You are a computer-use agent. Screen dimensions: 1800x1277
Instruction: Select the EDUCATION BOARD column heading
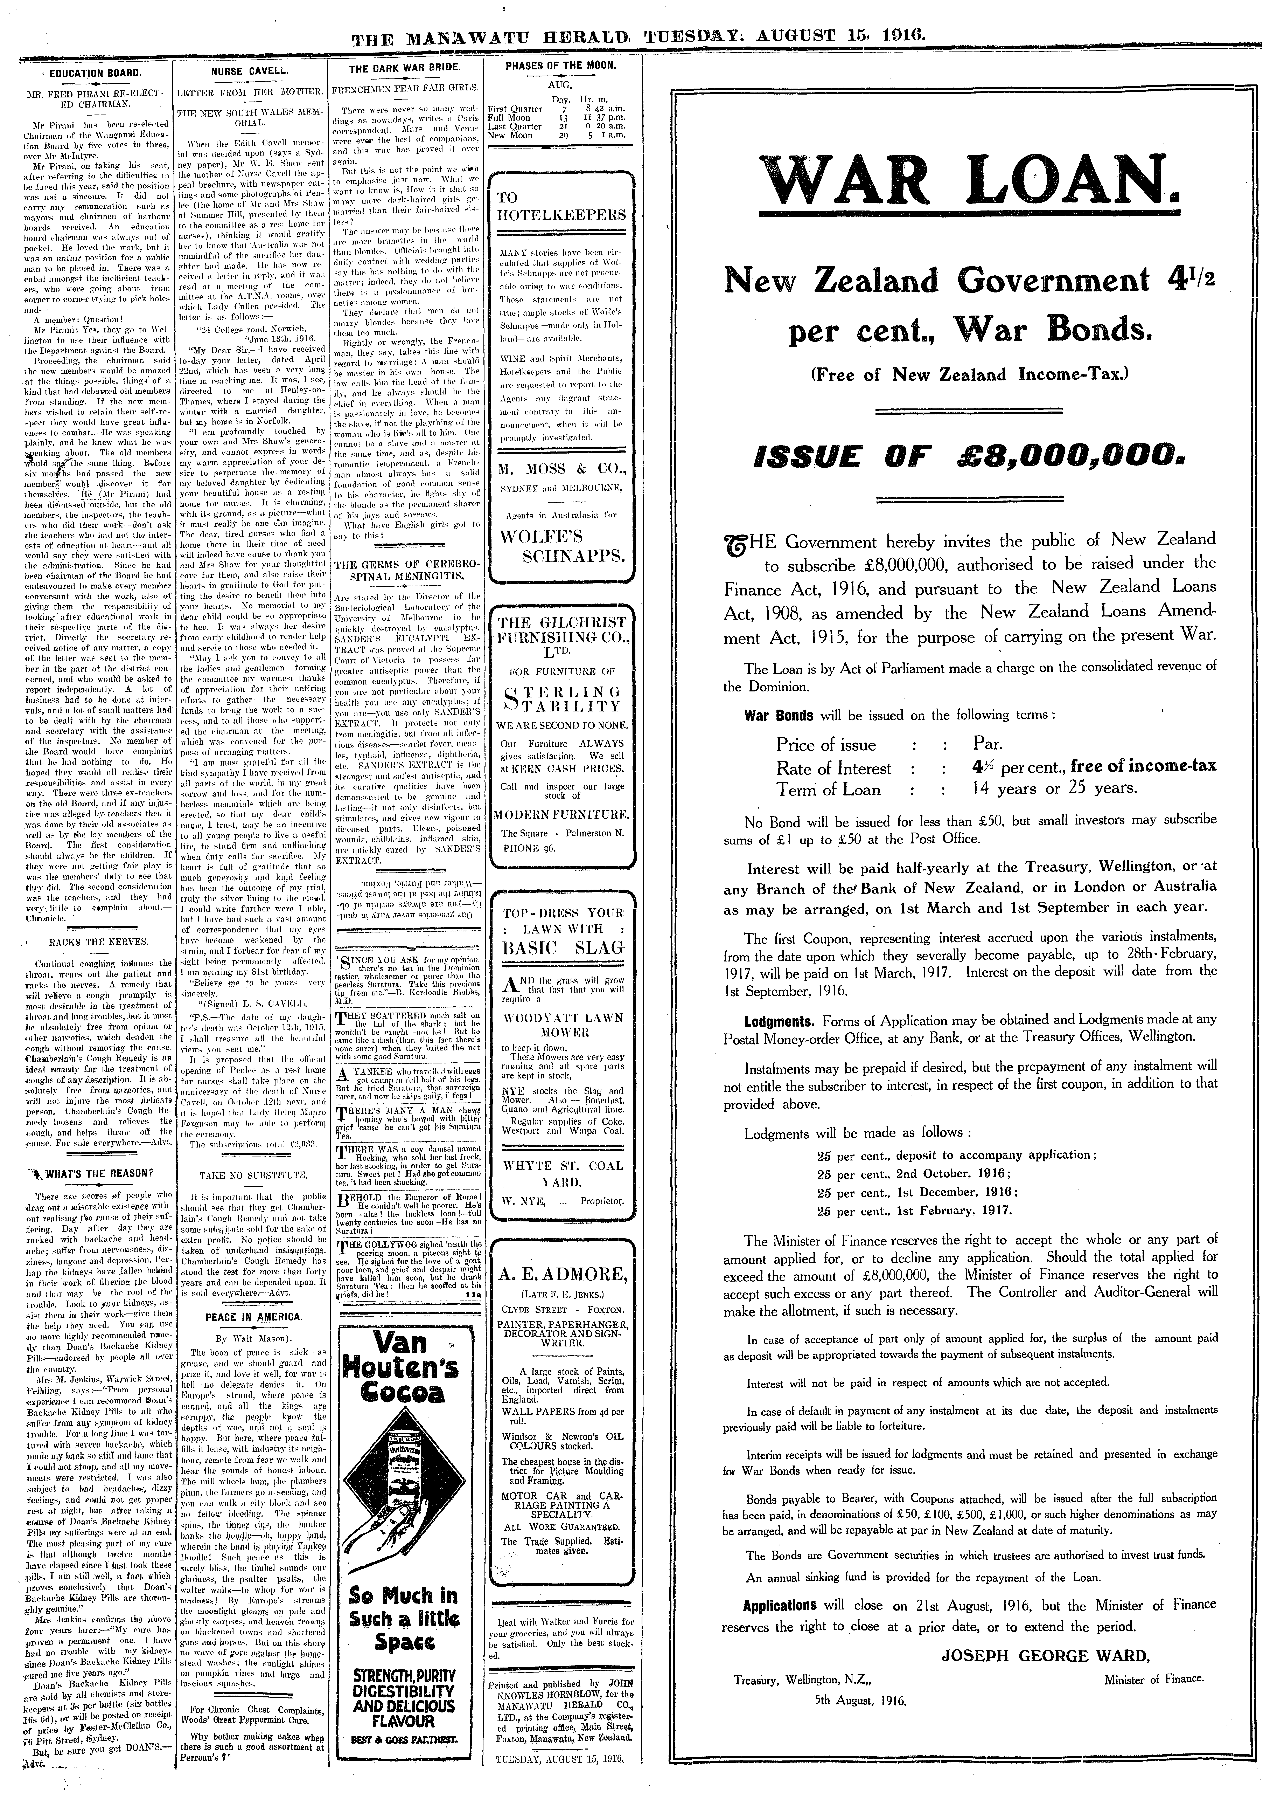coord(94,73)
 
